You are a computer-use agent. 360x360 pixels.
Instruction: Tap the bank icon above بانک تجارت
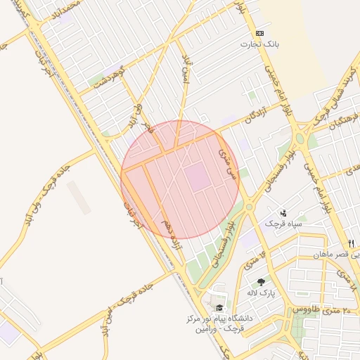pos(260,33)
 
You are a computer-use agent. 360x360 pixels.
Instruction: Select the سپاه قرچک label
pos(283,224)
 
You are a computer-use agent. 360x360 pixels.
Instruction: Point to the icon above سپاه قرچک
pos(283,212)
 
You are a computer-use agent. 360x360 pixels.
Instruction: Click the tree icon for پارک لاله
pos(261,281)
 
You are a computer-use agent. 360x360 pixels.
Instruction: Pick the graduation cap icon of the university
pos(219,308)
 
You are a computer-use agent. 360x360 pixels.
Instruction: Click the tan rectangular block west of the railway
pos(79,198)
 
